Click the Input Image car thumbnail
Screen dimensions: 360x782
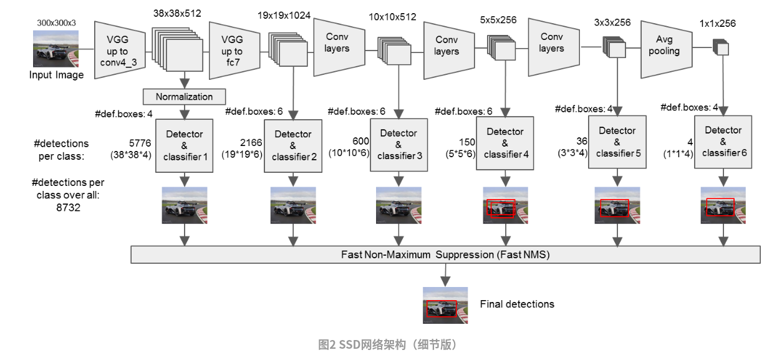click(56, 49)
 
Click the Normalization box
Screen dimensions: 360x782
click(184, 97)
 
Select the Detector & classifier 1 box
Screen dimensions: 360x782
click(185, 145)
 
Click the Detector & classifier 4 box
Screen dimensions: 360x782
click(505, 143)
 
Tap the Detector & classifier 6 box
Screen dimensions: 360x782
click(723, 141)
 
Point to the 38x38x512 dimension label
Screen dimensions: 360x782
click(177, 13)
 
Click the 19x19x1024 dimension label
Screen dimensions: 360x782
click(284, 16)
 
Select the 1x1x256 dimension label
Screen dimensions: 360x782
click(717, 24)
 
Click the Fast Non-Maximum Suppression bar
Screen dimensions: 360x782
click(445, 255)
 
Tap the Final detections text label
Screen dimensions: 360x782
click(517, 304)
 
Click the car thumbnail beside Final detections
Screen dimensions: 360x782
click(445, 305)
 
